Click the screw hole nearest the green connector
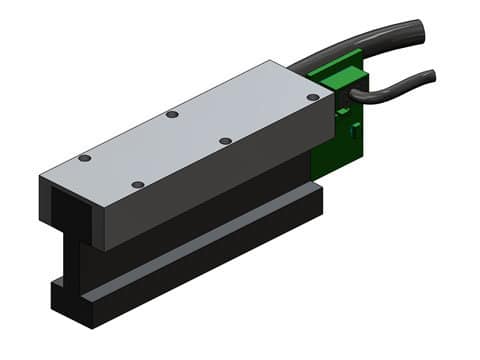313,97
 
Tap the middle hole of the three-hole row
172,114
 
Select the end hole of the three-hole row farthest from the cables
85,158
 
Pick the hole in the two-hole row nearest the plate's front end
138,185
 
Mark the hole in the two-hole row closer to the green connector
225,141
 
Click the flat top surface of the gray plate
190,130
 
